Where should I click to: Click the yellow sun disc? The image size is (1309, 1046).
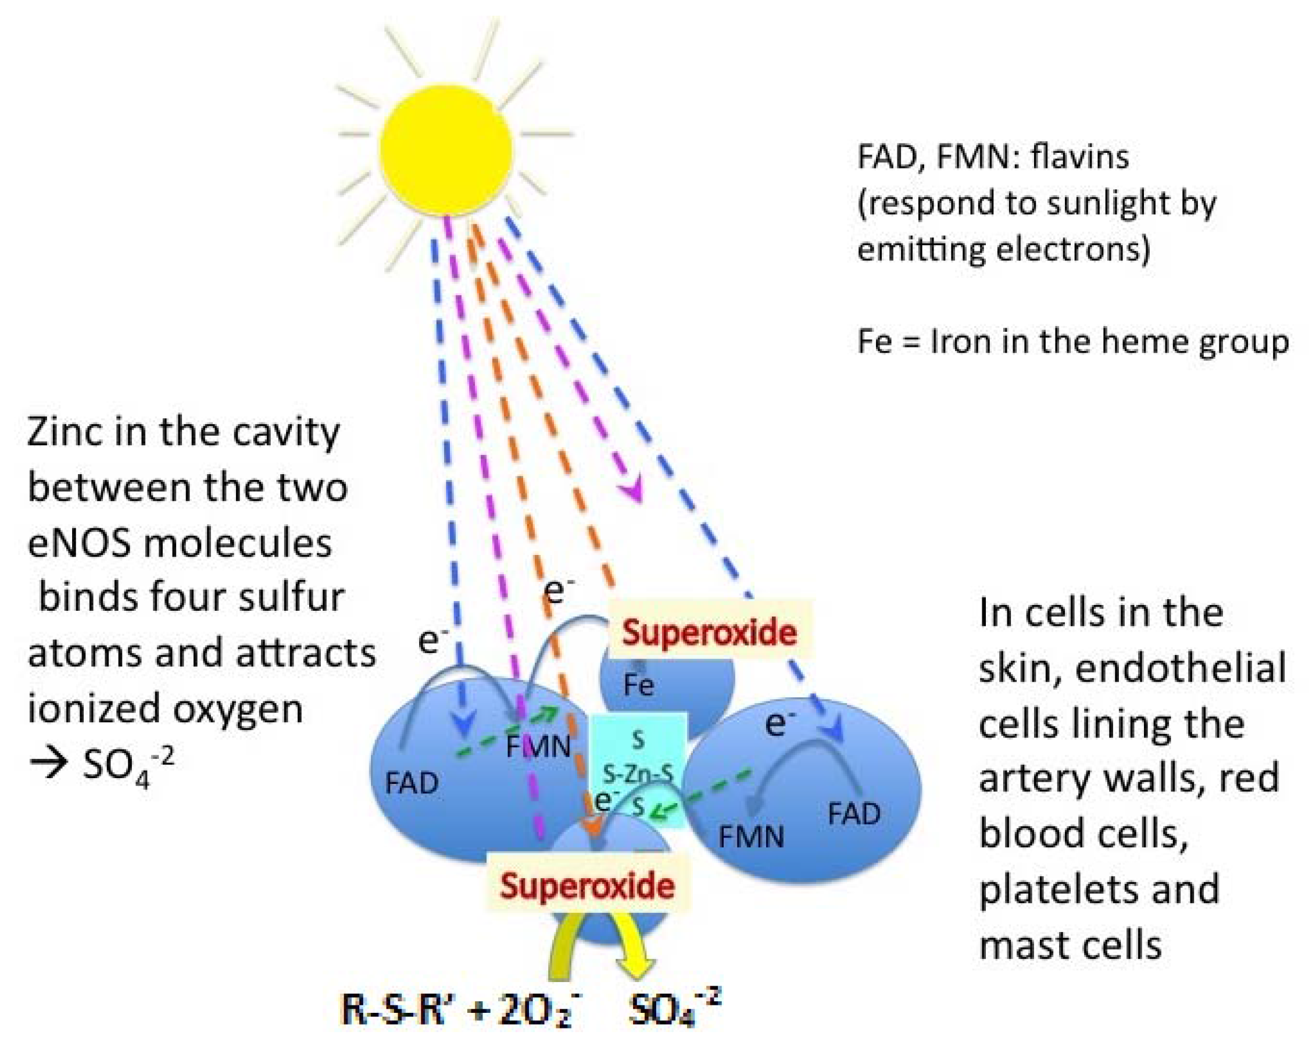(446, 150)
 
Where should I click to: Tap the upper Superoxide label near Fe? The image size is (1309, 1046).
(709, 633)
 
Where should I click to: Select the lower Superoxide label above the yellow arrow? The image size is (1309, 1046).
(587, 886)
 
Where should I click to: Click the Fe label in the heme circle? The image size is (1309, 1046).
(639, 685)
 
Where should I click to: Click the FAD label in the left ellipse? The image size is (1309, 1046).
(412, 783)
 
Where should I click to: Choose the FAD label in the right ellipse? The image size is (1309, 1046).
(854, 814)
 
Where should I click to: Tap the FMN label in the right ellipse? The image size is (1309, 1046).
(751, 837)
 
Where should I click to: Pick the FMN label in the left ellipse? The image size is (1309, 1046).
(538, 747)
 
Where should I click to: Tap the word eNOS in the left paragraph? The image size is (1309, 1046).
(80, 543)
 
